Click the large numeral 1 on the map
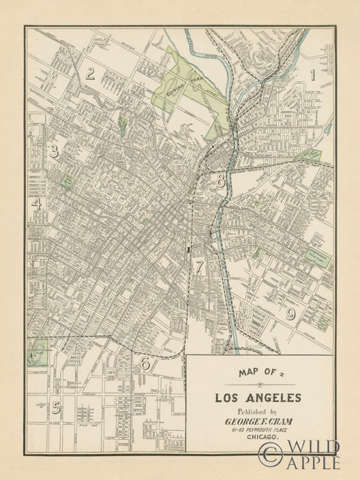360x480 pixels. coord(311,75)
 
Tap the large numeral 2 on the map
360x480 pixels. coord(91,74)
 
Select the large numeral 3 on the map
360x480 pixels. coord(53,151)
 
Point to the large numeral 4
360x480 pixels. coord(37,204)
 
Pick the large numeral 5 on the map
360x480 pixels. coord(56,407)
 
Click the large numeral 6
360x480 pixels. coord(144,363)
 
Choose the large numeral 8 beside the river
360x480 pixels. coord(221,179)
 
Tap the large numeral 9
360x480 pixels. coord(290,314)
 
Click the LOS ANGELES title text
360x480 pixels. coord(259,397)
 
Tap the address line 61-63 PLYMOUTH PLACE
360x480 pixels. coord(259,430)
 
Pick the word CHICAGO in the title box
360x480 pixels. coord(259,439)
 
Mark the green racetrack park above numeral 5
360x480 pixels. coord(38,353)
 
